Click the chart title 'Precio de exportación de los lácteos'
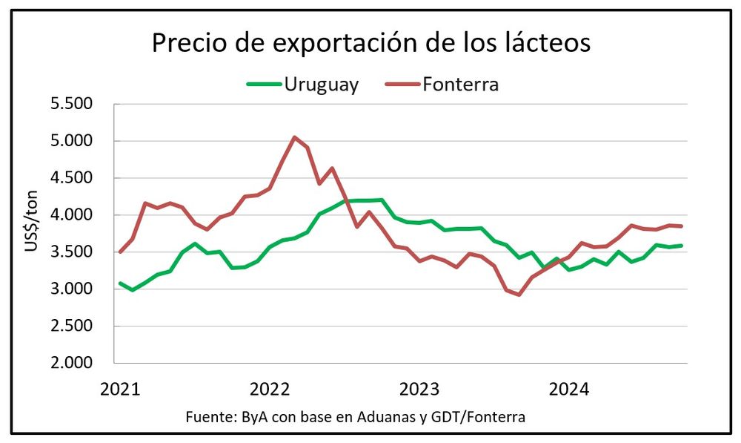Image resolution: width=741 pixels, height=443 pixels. [x=370, y=43]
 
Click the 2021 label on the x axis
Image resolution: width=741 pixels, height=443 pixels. [x=121, y=389]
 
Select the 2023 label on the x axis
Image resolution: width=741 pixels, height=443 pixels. [x=419, y=389]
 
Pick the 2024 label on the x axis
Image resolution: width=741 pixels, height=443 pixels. [x=568, y=389]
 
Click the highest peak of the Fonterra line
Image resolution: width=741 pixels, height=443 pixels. [x=294, y=137]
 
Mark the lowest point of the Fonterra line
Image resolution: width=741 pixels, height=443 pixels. [x=519, y=295]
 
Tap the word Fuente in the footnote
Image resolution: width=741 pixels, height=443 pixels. [x=209, y=417]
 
